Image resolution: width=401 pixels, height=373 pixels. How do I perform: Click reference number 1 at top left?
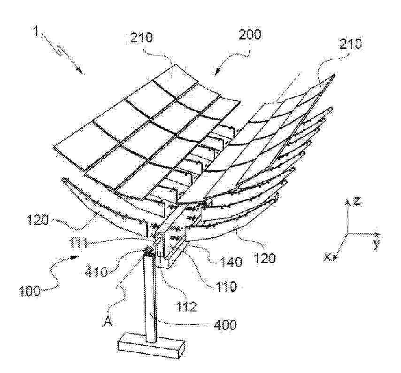pos(36,31)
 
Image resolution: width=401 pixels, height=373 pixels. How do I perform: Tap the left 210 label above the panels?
pos(142,37)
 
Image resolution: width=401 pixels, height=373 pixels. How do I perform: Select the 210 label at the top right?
pos(350,44)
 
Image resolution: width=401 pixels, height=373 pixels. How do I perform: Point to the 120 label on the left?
pos(38,219)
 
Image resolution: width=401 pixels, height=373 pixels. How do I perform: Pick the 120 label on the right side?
pos(265,258)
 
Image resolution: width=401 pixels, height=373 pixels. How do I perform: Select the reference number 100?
pos(30,291)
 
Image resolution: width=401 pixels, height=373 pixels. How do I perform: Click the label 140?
pos(231,262)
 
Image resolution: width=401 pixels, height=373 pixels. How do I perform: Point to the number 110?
pos(225,286)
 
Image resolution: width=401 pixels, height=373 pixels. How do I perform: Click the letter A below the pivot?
pos(108,321)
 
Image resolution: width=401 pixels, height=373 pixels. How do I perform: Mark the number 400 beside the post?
pos(225,325)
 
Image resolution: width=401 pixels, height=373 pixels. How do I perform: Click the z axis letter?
pos(357,201)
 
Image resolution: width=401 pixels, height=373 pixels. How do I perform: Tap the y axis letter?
pos(376,244)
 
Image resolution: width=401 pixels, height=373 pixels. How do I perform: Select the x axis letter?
pos(326,257)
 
